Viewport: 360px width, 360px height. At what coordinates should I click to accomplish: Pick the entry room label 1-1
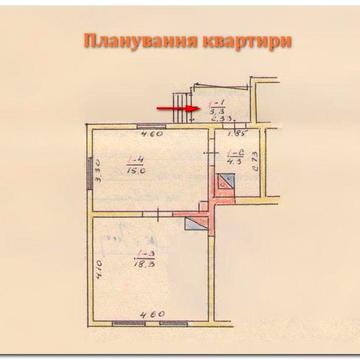(x=217, y=108)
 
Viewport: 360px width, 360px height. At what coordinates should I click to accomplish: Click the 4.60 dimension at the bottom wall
(x=150, y=316)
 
